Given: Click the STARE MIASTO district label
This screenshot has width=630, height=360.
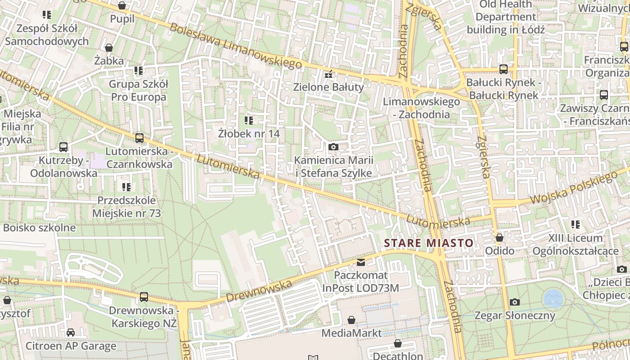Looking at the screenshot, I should [428, 243].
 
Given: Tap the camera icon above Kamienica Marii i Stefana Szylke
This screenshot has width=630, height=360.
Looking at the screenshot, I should [333, 147].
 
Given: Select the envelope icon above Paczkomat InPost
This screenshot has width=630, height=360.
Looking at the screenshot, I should [360, 262].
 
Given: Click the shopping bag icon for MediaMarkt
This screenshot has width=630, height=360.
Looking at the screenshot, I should [351, 320].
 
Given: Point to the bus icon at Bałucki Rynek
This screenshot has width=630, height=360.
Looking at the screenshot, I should [503, 69].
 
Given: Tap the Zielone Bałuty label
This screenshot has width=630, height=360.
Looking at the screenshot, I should [328, 87].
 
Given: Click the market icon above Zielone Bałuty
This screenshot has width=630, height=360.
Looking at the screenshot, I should [328, 74].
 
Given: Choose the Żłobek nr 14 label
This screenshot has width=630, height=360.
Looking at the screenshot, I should [249, 134].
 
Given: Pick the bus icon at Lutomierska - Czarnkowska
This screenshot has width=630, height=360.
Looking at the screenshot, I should [139, 138].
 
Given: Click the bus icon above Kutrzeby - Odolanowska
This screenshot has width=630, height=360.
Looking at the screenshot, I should [63, 147].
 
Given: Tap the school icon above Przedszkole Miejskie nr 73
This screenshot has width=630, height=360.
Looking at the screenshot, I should [126, 187].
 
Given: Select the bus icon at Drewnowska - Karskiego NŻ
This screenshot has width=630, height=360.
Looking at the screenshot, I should [144, 297].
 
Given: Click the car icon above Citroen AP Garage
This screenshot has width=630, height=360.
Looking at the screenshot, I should [71, 333].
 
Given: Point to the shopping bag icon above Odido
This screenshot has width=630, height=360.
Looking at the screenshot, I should [499, 238].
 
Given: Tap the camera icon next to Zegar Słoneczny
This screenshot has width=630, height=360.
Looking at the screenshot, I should [515, 302].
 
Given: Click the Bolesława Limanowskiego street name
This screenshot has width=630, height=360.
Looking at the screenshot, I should [235, 46].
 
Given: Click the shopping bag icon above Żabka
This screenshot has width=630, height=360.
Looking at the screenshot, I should [109, 47].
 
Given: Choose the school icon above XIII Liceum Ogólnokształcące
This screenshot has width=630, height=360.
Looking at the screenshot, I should [575, 224].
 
